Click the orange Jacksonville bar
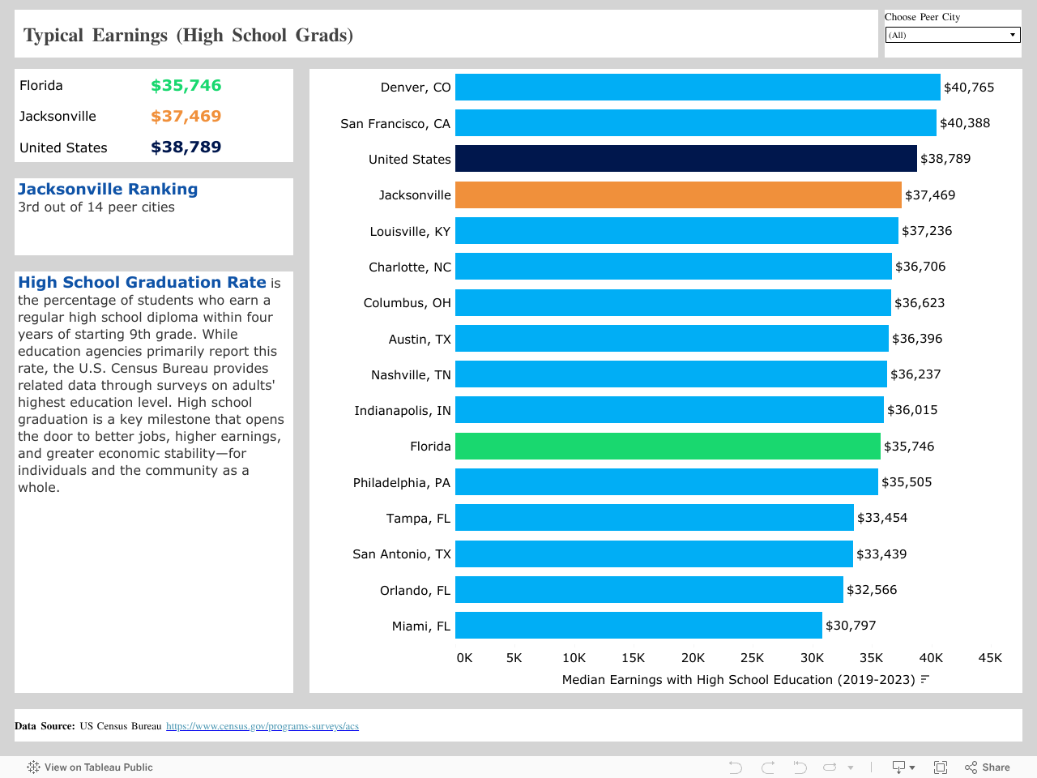coord(677,194)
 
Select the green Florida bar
coord(667,447)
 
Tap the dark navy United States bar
coord(685,159)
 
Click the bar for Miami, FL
coord(638,626)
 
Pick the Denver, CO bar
coord(697,88)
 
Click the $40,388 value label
coord(965,123)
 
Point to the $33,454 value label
coord(882,518)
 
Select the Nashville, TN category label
coord(411,375)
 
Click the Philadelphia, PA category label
coord(401,483)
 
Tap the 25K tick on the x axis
coord(752,658)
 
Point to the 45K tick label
coord(990,658)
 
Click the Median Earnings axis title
coord(738,680)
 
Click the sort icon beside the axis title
coord(925,679)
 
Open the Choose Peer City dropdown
coord(953,35)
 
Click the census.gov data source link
coord(262,726)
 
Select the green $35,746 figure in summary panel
coord(186,86)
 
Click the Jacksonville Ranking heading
coord(108,189)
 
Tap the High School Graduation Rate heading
coord(142,282)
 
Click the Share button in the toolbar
coord(988,767)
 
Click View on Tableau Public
coord(90,767)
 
